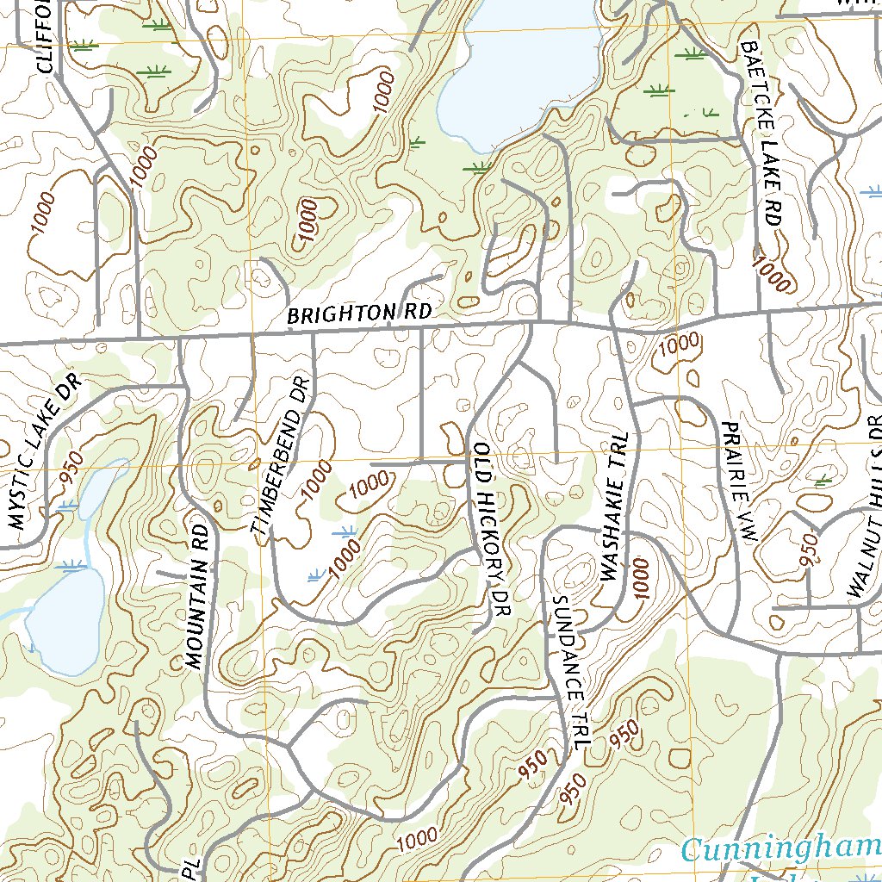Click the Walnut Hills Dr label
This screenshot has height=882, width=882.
[x=866, y=508]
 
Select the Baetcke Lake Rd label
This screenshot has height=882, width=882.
[x=761, y=134]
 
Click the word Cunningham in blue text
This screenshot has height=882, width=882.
[x=780, y=850]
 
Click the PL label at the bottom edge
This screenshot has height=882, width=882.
[x=191, y=867]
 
